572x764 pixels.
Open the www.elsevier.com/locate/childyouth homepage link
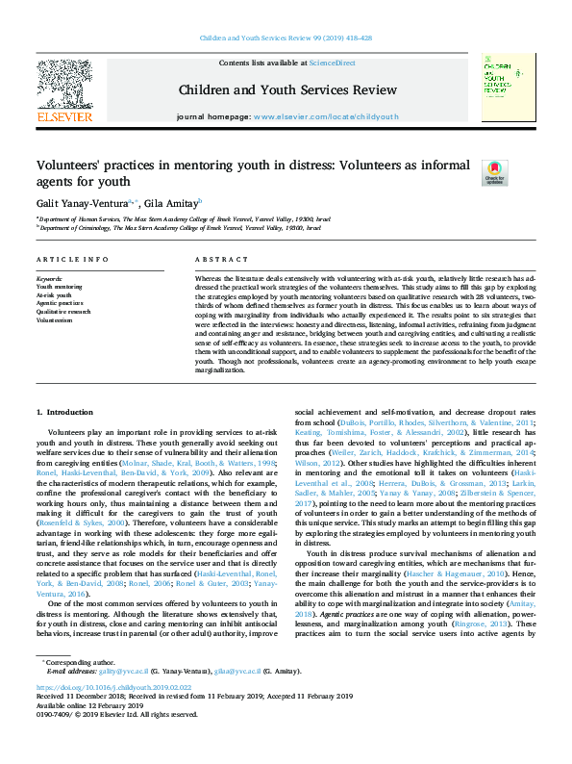click(x=326, y=116)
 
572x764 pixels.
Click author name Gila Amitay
click(x=171, y=203)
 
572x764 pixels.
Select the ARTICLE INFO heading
click(x=72, y=260)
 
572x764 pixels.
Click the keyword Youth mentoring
click(x=60, y=287)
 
